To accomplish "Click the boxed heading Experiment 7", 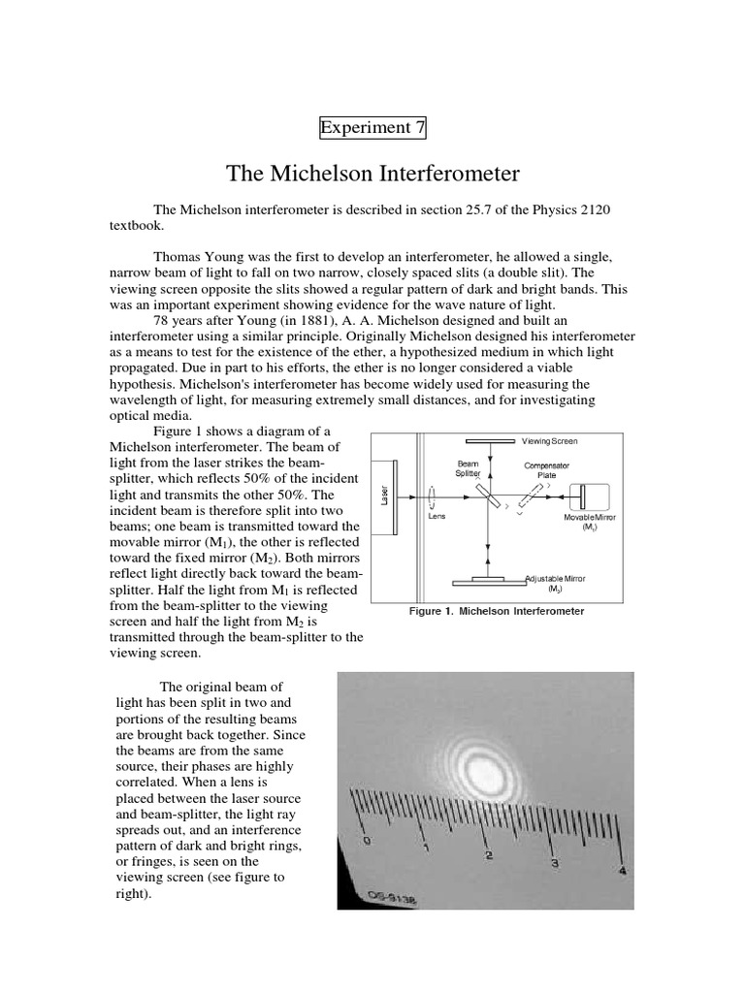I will [x=372, y=127].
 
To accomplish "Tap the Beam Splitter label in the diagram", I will [x=469, y=468].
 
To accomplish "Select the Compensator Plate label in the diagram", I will [x=546, y=470].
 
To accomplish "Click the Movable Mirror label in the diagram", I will [x=589, y=522].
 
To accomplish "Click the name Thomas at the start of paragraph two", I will [x=179, y=256].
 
